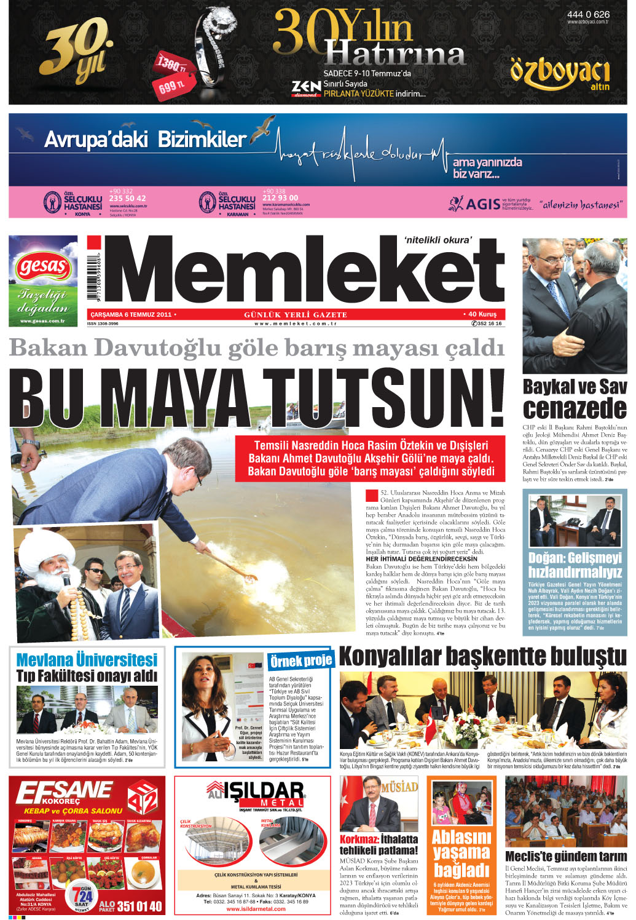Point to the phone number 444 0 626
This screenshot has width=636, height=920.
(x=588, y=14)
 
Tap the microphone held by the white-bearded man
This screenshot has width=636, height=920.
(x=65, y=579)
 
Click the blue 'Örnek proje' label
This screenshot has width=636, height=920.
(x=301, y=660)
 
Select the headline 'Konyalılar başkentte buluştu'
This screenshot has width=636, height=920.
(x=482, y=656)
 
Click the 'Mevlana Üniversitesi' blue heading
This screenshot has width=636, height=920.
(x=87, y=660)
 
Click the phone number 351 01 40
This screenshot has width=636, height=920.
(x=139, y=906)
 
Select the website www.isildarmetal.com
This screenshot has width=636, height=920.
(x=253, y=909)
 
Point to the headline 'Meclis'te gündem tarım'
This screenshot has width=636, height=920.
(x=566, y=856)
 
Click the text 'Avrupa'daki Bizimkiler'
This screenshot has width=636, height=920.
(x=145, y=140)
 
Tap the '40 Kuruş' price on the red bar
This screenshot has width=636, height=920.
(x=482, y=314)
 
